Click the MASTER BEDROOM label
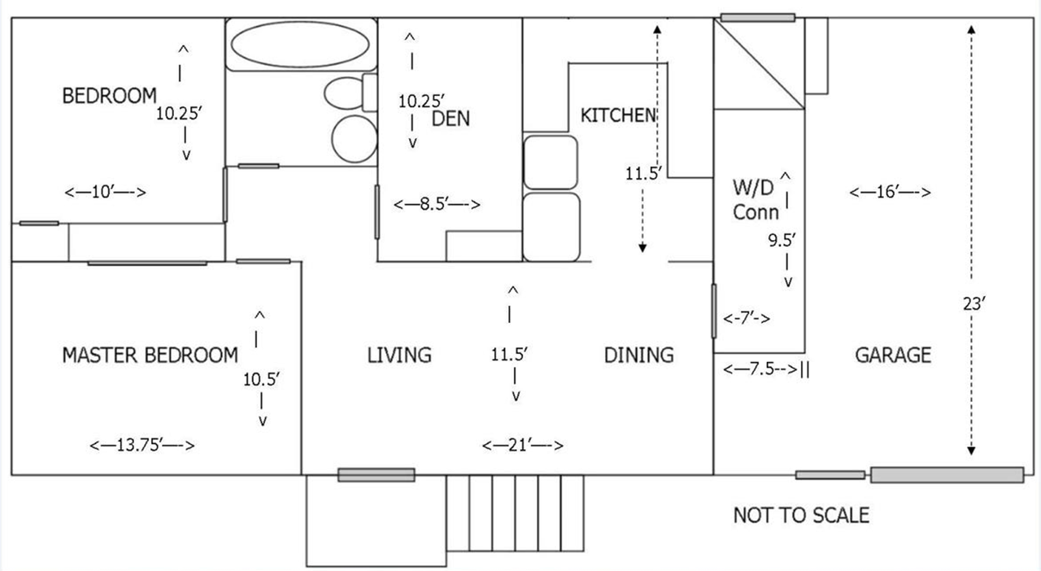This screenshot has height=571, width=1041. (x=150, y=355)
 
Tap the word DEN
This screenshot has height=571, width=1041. (x=451, y=119)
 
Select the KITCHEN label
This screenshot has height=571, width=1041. (x=618, y=116)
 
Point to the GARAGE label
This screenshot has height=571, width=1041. (x=893, y=355)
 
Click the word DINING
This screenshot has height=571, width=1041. (x=638, y=355)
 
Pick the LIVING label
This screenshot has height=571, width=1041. (x=399, y=355)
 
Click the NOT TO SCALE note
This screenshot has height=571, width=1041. (x=801, y=515)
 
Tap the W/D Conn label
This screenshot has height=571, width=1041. (x=756, y=200)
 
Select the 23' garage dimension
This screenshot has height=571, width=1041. (x=974, y=303)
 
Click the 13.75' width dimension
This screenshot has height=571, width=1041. (x=142, y=445)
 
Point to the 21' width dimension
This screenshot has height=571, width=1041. (x=523, y=445)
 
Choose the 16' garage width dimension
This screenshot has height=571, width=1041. (x=890, y=192)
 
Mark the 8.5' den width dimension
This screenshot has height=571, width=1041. (x=437, y=203)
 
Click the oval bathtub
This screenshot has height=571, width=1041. (x=300, y=44)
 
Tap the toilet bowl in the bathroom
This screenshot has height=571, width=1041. (x=344, y=94)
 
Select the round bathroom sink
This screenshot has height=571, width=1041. (x=355, y=139)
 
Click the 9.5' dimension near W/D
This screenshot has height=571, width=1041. (x=782, y=241)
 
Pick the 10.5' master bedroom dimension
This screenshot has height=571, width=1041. (x=261, y=380)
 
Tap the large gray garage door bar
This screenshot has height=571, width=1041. (x=947, y=475)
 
